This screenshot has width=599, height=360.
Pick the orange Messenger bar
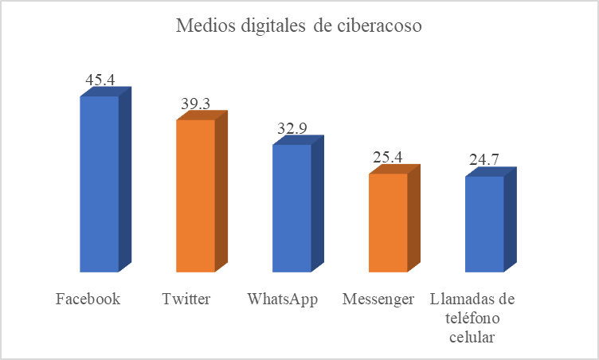389,222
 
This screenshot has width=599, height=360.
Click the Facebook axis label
88,300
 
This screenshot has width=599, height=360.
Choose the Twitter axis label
186,300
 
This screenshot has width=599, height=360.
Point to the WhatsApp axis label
283,300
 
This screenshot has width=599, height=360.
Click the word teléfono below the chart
472,319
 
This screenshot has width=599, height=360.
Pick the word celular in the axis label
472,337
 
